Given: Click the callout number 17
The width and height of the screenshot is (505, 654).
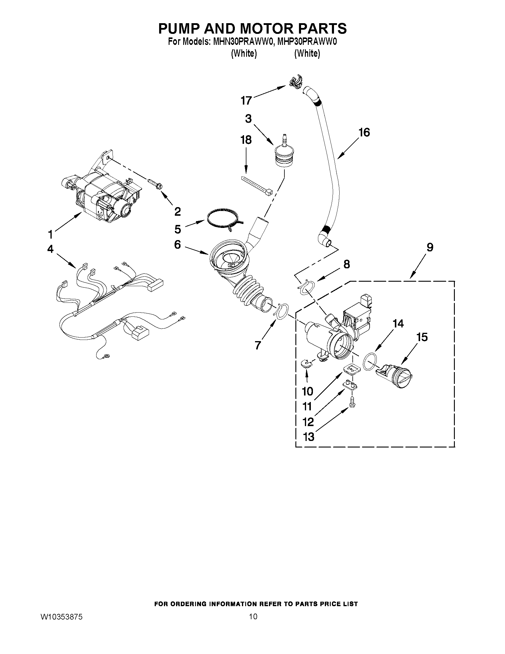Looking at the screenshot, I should pyautogui.click(x=246, y=101).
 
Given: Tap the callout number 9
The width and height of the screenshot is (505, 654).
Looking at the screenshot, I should pyautogui.click(x=430, y=247).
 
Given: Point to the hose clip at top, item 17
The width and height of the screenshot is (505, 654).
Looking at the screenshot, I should pyautogui.click(x=295, y=82).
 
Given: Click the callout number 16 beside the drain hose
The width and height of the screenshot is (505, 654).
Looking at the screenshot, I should pyautogui.click(x=364, y=132).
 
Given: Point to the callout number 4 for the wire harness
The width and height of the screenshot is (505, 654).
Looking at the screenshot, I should pyautogui.click(x=50, y=248).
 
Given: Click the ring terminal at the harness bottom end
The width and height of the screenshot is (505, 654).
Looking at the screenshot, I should pyautogui.click(x=106, y=356).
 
